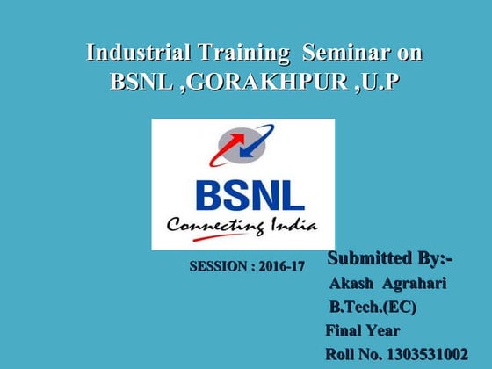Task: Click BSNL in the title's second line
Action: pos(142,82)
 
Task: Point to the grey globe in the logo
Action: pos(240,144)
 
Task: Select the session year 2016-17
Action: pos(281,265)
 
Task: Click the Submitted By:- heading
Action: pos(390,258)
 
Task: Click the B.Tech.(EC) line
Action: pos(373,307)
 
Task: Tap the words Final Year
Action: pos(362,331)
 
